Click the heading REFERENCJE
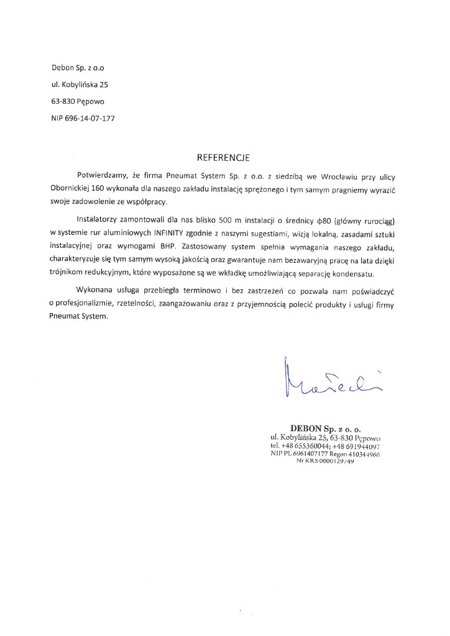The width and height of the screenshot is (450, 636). [223, 158]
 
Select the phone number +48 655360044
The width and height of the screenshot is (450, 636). [304, 446]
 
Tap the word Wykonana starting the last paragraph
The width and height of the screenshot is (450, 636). [96, 291]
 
